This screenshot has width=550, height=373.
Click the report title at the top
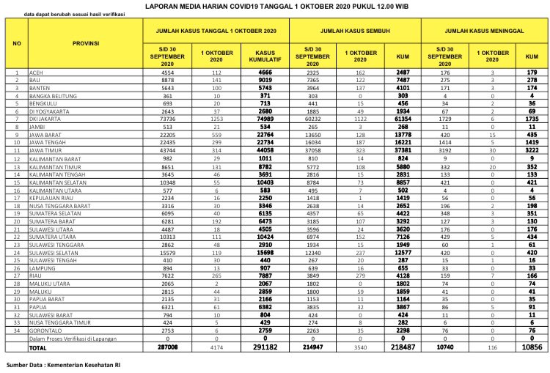point(276,6)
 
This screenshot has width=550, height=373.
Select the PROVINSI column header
point(86,43)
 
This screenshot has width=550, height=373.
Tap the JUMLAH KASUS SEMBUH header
point(355,30)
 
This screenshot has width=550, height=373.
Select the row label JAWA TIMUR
point(45,148)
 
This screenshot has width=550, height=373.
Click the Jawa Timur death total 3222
point(532,148)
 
